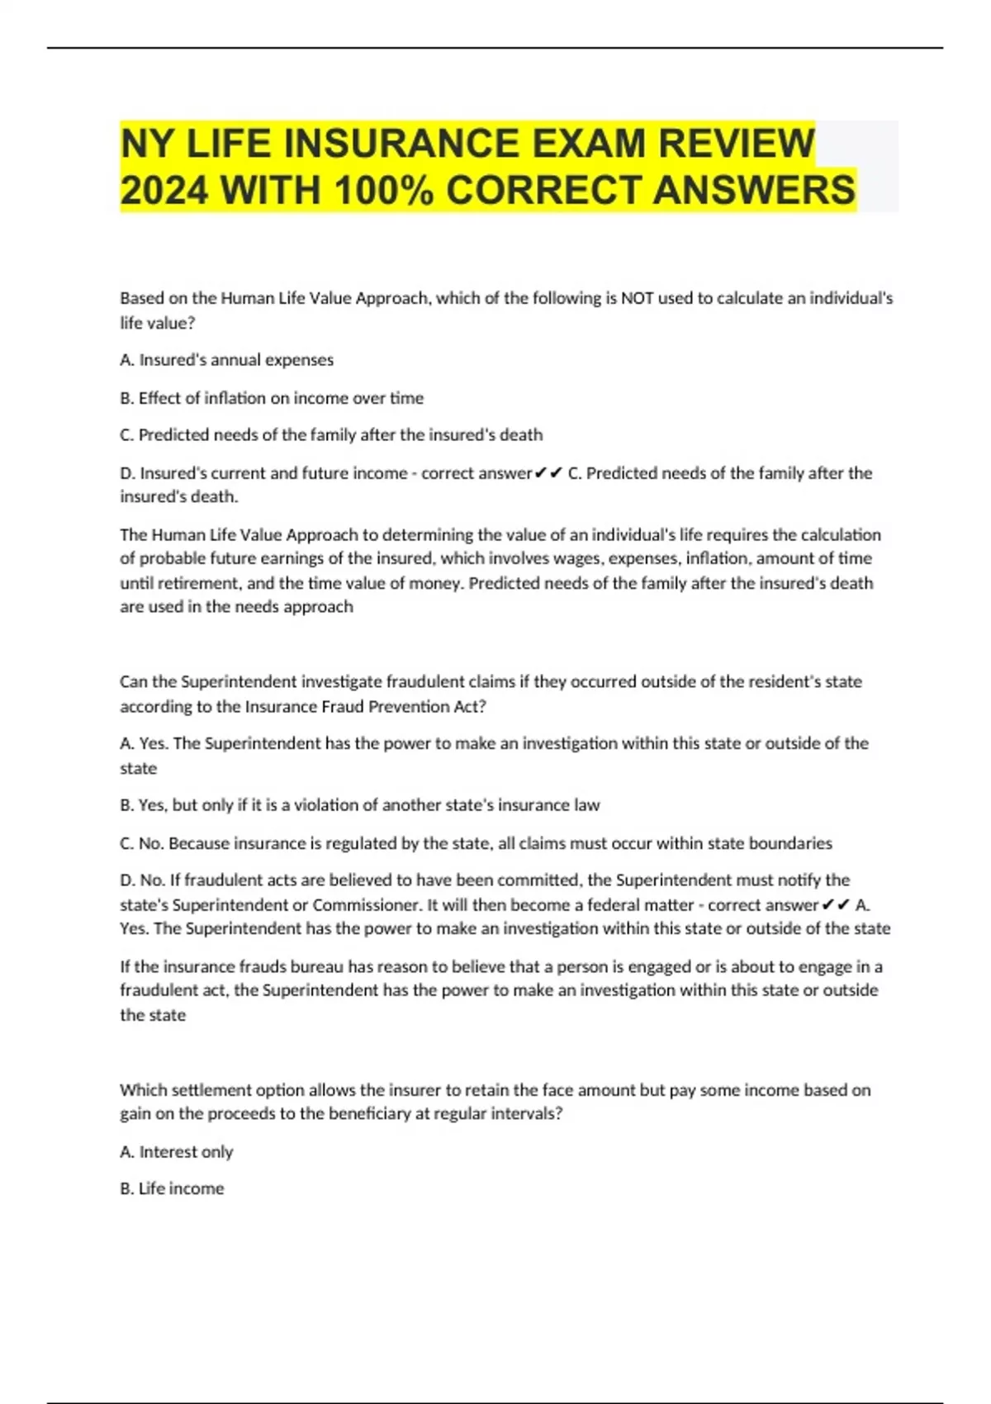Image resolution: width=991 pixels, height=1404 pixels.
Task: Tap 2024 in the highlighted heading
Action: [x=164, y=190]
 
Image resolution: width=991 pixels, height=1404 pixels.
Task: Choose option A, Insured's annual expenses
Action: [x=227, y=360]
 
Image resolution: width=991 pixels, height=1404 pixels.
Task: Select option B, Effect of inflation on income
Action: [x=272, y=398]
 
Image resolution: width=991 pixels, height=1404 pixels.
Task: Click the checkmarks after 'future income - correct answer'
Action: [x=549, y=473]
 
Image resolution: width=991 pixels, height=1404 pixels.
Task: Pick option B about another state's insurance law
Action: [x=360, y=805]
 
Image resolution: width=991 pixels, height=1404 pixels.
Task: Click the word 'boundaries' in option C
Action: [x=790, y=843]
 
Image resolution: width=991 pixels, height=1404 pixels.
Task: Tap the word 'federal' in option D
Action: [x=614, y=904]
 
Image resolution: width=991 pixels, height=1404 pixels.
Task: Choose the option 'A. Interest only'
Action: [x=177, y=1151]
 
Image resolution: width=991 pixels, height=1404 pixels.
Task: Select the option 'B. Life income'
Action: [x=172, y=1188]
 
